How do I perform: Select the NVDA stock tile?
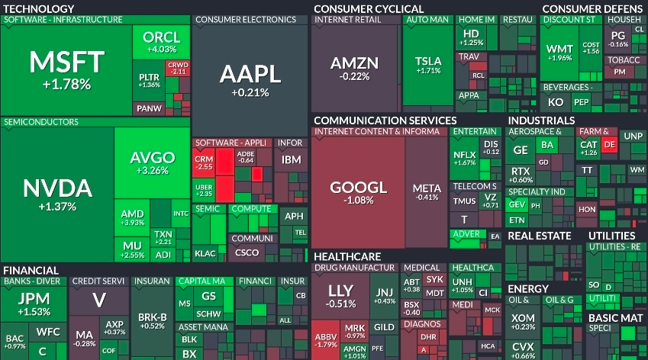coord(57,194)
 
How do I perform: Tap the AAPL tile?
coord(250,80)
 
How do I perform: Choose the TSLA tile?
coord(428,65)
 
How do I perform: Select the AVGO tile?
coord(152,162)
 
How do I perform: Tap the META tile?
coord(426,191)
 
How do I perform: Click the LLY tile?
coord(340,295)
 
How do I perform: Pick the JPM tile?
coord(34,301)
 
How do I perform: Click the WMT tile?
coord(559,53)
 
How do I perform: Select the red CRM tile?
coord(204,161)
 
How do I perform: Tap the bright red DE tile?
coord(609,144)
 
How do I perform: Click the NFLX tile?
coord(464,157)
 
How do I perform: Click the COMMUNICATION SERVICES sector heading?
coord(385,121)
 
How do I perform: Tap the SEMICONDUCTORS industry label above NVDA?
coord(40,122)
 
